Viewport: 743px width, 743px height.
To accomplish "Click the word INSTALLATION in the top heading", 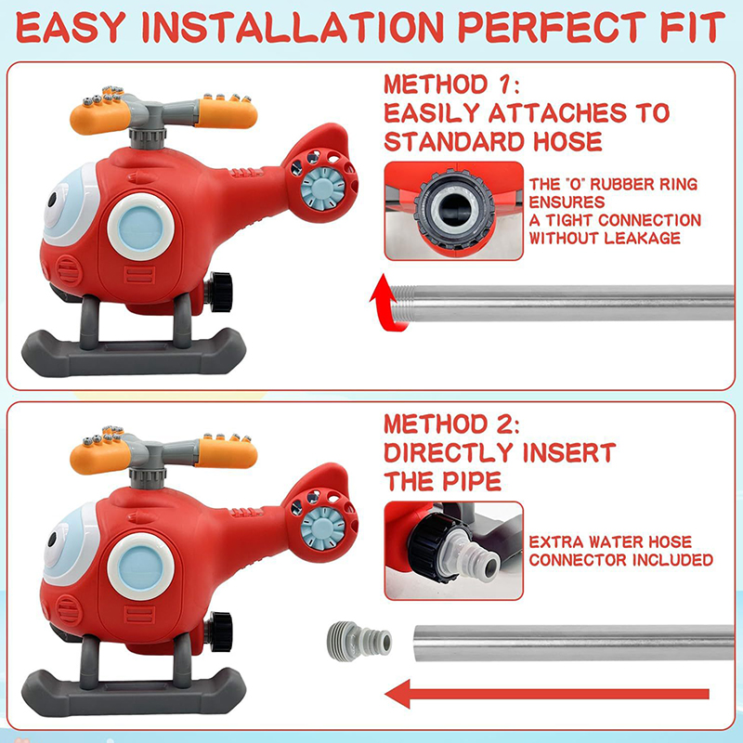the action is tap(293, 27).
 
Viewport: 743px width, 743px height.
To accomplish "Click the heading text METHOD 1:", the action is tap(451, 85).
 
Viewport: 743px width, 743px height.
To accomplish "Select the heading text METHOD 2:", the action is tap(451, 424).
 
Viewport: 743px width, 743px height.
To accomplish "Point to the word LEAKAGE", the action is tap(643, 238).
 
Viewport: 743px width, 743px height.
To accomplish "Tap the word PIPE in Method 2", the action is tap(472, 481).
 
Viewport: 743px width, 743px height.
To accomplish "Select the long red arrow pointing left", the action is tap(547, 694).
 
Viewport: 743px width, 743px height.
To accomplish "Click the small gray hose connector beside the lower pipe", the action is tap(359, 641).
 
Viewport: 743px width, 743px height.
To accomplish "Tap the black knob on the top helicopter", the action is tap(220, 292).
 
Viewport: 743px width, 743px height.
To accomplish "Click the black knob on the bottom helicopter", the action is tap(220, 632).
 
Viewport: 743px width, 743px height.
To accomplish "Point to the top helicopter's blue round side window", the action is tap(141, 227).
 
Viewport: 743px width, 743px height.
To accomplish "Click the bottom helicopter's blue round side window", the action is tap(141, 567).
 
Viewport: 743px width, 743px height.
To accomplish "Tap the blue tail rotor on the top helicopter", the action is tap(323, 188).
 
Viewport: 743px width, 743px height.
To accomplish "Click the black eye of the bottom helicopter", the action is tap(52, 540).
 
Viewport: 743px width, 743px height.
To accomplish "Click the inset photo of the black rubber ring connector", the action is tap(454, 211).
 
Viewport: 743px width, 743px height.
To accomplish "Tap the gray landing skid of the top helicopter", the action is tap(134, 353).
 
